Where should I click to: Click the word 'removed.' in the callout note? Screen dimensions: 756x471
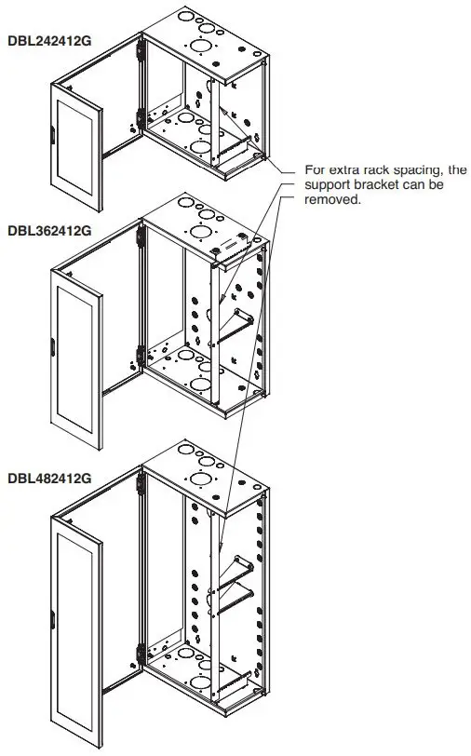click(x=332, y=199)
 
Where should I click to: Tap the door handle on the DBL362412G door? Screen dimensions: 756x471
click(x=53, y=350)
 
